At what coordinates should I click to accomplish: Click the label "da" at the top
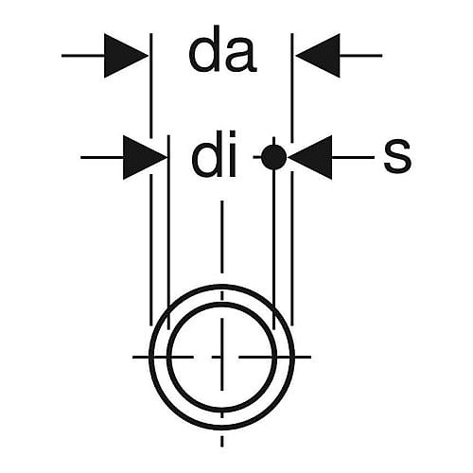click(222, 49)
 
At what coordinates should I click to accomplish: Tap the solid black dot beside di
click(274, 157)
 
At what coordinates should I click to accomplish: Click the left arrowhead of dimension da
click(126, 56)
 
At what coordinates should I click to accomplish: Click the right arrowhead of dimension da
click(318, 56)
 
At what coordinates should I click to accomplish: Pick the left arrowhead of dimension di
click(145, 157)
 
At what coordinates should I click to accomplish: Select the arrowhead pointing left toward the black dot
click(310, 157)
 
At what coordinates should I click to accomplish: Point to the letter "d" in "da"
click(204, 49)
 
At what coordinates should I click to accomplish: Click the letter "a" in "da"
click(241, 57)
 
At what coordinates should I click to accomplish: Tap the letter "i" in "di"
click(233, 153)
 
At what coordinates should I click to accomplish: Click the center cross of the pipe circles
click(222, 357)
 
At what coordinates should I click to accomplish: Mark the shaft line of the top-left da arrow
click(83, 56)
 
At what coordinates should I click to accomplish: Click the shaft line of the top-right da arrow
click(361, 56)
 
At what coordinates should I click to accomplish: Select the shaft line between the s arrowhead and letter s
click(353, 157)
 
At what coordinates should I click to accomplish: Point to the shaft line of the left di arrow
click(102, 157)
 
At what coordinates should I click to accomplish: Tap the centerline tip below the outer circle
click(222, 447)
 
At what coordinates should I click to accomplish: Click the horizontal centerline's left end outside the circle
click(132, 357)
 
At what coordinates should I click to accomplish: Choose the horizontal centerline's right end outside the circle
click(311, 357)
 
